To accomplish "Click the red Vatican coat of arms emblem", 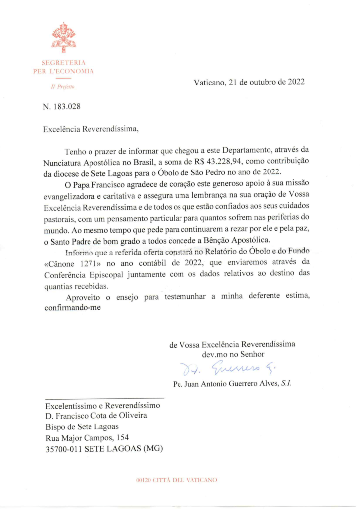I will click(x=63, y=38).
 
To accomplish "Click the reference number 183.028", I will click(x=67, y=106).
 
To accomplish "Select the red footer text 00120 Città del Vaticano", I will click(x=177, y=480).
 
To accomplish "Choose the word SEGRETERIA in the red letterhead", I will click(x=63, y=63).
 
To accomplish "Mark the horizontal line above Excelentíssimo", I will click(x=104, y=399).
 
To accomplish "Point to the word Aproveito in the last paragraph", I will click(x=82, y=297).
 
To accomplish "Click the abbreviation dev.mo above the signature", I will click(x=214, y=354).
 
